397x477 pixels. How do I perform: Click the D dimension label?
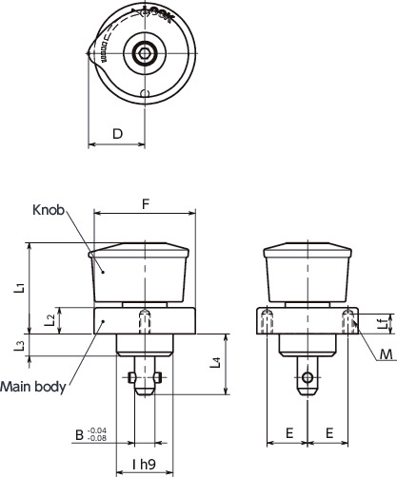coord(116,134)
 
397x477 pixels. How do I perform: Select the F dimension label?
coord(145,202)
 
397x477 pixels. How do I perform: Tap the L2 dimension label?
coord(50,320)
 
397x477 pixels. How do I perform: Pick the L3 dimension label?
coord(20,347)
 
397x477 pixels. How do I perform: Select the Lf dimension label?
coord(382,324)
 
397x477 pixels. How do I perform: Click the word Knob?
coord(48,210)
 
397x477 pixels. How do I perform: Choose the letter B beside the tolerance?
coord(79,435)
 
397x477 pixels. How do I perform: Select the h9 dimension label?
coord(145,465)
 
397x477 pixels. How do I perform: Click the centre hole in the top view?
coord(145,54)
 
